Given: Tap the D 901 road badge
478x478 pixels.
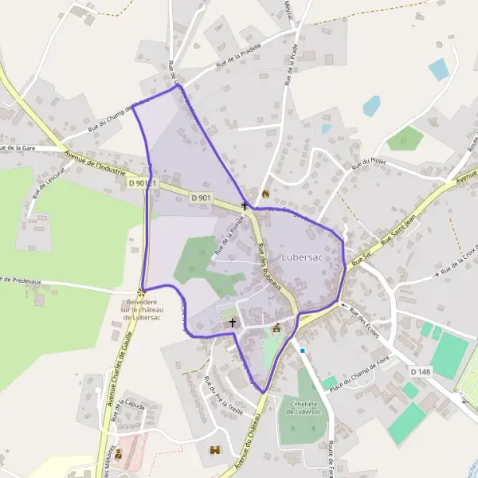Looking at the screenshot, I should point(201,198).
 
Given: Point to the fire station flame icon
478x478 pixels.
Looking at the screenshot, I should point(264,194).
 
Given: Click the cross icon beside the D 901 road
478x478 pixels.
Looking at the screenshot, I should point(245,206).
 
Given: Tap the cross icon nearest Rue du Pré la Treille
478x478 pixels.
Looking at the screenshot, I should point(233,323).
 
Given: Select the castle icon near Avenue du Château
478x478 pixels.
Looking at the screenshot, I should point(214,451).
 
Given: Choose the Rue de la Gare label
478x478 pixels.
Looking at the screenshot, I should point(21,147).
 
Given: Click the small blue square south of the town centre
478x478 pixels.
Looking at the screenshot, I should point(303,350).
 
